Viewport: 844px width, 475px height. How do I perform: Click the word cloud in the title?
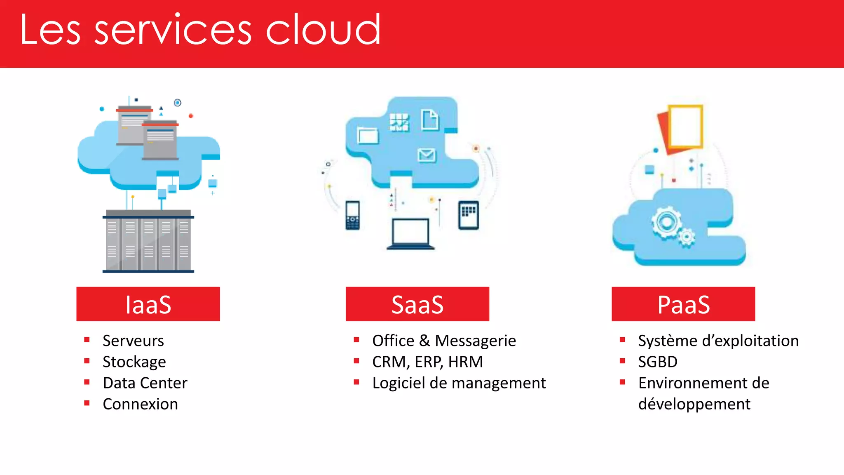click(323, 30)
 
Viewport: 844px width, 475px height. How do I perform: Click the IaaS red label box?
click(148, 304)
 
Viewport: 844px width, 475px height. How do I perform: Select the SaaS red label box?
click(417, 304)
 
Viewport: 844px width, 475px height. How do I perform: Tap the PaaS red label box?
click(683, 304)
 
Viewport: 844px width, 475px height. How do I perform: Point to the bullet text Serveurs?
click(133, 341)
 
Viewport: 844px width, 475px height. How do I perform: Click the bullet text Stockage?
click(134, 362)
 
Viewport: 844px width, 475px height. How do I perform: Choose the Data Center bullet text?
click(145, 383)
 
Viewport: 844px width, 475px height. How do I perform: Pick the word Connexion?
click(140, 404)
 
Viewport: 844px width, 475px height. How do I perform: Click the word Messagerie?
click(475, 341)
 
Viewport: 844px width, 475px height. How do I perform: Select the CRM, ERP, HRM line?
click(427, 362)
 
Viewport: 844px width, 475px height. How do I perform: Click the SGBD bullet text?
click(657, 362)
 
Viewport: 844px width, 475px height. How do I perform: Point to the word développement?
click(694, 404)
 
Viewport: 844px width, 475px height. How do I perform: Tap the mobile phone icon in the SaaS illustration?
click(352, 215)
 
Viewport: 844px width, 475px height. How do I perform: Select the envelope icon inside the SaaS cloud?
click(426, 155)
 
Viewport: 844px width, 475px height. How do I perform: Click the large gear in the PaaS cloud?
click(666, 223)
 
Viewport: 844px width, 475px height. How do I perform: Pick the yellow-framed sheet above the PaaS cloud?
click(685, 126)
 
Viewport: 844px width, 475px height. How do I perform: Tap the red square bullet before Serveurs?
click(87, 340)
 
